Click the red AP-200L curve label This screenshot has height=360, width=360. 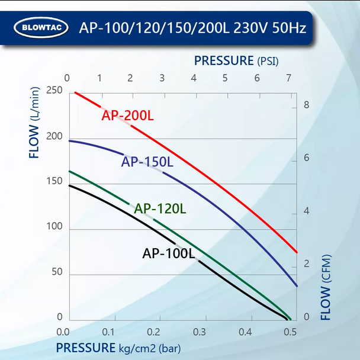(x=127, y=115)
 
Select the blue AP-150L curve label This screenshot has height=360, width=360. (x=147, y=162)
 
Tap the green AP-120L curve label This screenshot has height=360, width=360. (x=160, y=208)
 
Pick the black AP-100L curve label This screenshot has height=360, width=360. (x=168, y=253)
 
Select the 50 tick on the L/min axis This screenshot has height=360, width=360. (x=55, y=271)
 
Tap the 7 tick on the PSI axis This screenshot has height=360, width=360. (x=288, y=78)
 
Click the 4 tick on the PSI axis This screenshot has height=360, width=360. (x=194, y=78)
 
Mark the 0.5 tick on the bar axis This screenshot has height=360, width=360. (x=290, y=332)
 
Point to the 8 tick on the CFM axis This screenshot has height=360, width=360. (x=306, y=105)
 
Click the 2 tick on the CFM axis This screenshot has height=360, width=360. (x=306, y=263)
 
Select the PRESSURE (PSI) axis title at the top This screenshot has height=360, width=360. (x=236, y=60)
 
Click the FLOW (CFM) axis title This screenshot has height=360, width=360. (x=326, y=287)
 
